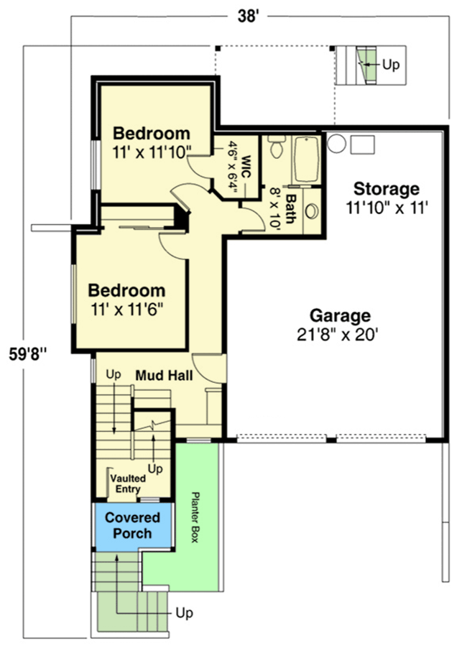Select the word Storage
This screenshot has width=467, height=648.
click(x=386, y=189)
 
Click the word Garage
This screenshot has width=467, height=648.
click(x=340, y=315)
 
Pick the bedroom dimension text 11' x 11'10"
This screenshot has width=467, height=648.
click(x=152, y=151)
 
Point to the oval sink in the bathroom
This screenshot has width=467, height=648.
click(x=312, y=212)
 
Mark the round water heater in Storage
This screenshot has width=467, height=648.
click(x=336, y=143)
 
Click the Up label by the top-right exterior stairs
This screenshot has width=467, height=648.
click(x=390, y=64)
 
